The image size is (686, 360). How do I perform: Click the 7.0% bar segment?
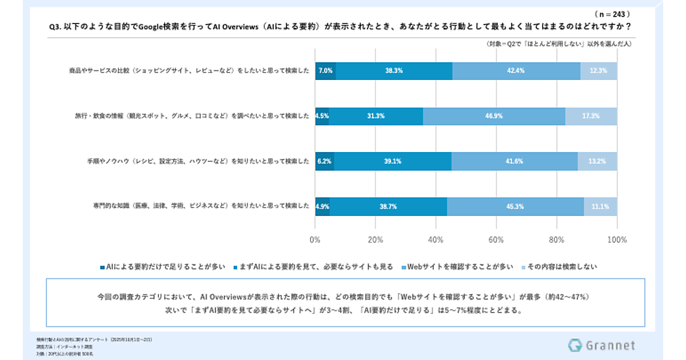[x=325, y=71]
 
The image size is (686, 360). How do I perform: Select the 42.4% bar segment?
[x=516, y=71]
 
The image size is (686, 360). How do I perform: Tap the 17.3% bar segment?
[x=591, y=116]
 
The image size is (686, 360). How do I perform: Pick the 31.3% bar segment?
[x=376, y=116]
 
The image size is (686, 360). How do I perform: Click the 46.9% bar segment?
[x=494, y=116]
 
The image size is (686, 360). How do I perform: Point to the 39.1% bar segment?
[x=393, y=161]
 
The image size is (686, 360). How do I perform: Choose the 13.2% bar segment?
[x=597, y=161]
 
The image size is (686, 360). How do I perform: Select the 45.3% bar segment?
[x=515, y=206]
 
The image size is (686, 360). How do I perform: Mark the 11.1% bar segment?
[x=600, y=206]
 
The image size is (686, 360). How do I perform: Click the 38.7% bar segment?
[x=388, y=206]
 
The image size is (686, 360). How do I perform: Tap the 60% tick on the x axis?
[x=496, y=239]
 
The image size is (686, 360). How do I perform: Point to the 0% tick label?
[x=315, y=239]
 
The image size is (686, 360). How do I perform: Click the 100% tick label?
[x=617, y=239]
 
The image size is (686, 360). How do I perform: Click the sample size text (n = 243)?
[x=612, y=13]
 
